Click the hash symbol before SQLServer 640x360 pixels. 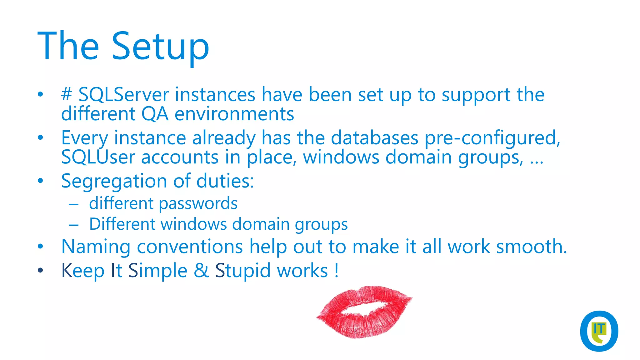click(x=67, y=94)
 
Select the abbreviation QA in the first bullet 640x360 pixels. click(x=155, y=114)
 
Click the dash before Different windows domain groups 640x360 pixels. click(x=74, y=224)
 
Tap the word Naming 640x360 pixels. click(x=96, y=247)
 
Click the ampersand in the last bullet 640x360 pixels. click(x=201, y=271)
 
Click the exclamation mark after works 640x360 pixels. click(x=336, y=271)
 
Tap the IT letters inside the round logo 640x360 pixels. click(x=599, y=329)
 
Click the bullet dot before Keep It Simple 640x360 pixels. click(x=40, y=270)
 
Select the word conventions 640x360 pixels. click(x=190, y=247)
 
